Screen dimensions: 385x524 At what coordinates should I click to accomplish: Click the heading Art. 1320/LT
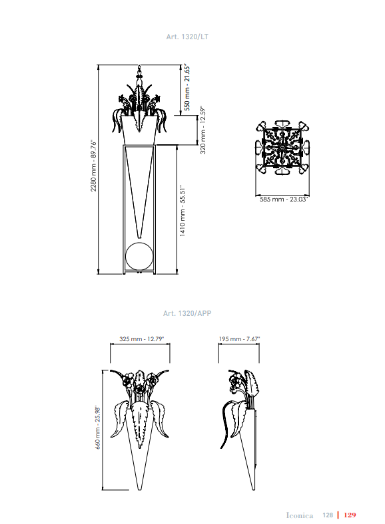click(187, 37)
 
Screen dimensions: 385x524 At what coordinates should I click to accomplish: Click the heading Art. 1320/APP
click(187, 313)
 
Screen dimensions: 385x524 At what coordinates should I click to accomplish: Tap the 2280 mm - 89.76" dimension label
click(93, 166)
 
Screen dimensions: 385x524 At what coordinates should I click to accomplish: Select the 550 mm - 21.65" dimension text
click(187, 88)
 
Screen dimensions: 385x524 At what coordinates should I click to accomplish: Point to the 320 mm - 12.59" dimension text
click(202, 130)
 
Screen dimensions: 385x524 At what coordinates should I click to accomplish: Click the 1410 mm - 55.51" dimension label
click(183, 211)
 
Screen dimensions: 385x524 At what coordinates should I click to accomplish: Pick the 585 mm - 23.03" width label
click(284, 199)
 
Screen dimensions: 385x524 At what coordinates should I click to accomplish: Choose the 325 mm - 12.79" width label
click(142, 339)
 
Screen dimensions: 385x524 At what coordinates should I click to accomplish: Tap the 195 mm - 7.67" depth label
click(239, 339)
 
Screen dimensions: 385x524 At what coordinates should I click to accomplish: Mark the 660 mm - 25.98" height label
click(97, 428)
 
